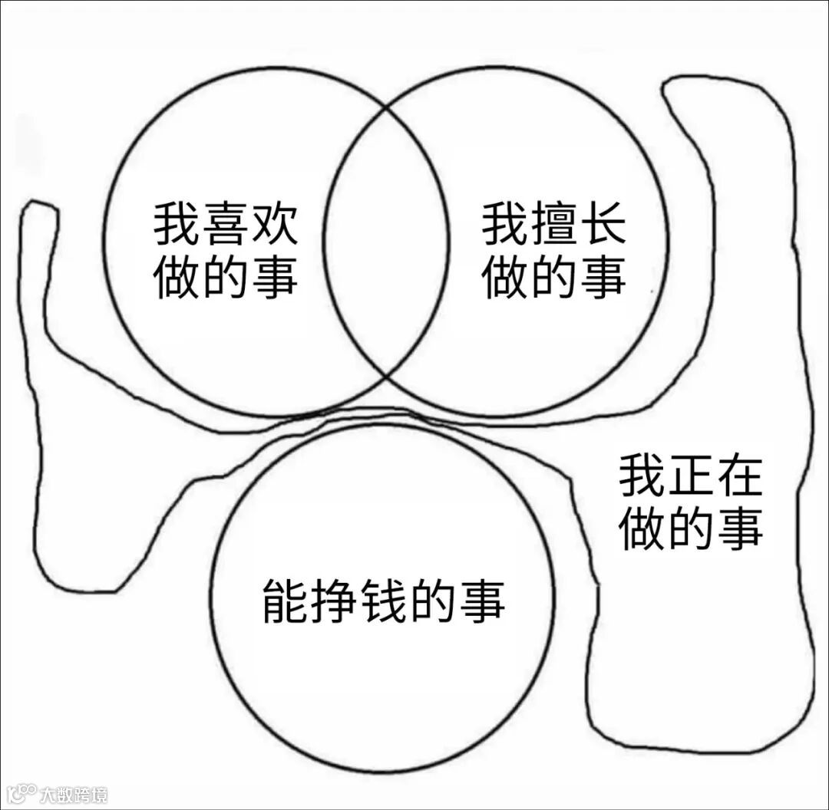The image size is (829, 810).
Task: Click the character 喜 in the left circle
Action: point(225,223)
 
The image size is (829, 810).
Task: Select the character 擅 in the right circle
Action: point(553,223)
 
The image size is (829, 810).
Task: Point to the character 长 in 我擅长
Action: point(602,223)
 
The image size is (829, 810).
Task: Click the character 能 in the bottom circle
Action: point(286,601)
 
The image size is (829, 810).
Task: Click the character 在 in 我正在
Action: point(739,476)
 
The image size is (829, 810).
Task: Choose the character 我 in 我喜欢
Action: point(177,223)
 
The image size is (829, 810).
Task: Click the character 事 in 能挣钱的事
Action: point(481,601)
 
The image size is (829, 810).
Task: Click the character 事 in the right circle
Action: point(602,275)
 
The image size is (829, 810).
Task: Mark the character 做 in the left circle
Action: point(177,275)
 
